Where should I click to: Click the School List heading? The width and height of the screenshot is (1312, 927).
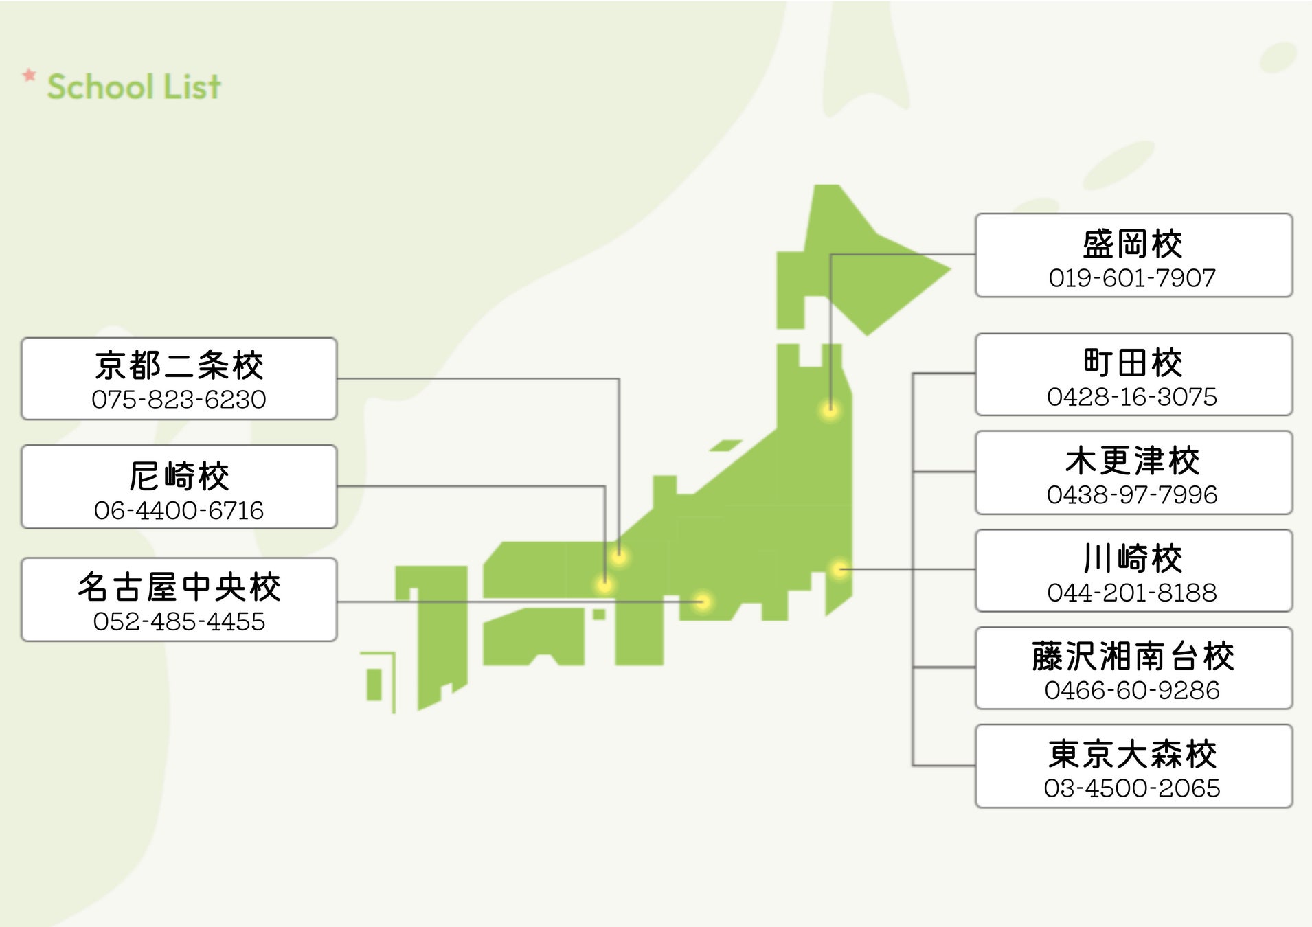pyautogui.click(x=134, y=87)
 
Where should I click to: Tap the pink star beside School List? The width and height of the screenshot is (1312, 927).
pyautogui.click(x=29, y=75)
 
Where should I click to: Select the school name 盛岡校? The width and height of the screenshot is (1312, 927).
pyautogui.click(x=1132, y=244)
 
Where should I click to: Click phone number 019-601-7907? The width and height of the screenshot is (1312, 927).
pyautogui.click(x=1132, y=278)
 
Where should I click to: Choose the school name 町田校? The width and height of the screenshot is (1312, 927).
pyautogui.click(x=1132, y=363)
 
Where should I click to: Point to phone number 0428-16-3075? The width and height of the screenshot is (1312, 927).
pyautogui.click(x=1132, y=397)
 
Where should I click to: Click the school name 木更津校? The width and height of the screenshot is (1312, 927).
pyautogui.click(x=1132, y=461)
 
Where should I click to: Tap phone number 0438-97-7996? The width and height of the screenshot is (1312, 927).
pyautogui.click(x=1132, y=495)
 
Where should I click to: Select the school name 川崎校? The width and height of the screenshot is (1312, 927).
pyautogui.click(x=1132, y=558)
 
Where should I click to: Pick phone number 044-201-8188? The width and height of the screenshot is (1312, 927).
pyautogui.click(x=1132, y=593)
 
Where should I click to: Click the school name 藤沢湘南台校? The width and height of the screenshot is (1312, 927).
pyautogui.click(x=1132, y=656)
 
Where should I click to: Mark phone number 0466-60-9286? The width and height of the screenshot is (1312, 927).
pyautogui.click(x=1132, y=691)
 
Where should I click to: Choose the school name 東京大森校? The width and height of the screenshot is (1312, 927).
pyautogui.click(x=1132, y=755)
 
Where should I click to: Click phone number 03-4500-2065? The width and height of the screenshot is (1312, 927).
pyautogui.click(x=1132, y=788)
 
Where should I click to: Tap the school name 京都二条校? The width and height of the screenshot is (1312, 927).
pyautogui.click(x=179, y=365)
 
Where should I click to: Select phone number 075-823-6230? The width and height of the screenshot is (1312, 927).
pyautogui.click(x=179, y=400)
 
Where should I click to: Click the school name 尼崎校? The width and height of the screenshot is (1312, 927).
pyautogui.click(x=179, y=476)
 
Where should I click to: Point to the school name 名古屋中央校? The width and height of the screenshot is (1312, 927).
pyautogui.click(x=179, y=587)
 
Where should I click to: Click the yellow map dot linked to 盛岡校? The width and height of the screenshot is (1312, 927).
pyautogui.click(x=830, y=411)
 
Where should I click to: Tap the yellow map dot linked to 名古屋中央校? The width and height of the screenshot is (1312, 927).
pyautogui.click(x=702, y=602)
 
